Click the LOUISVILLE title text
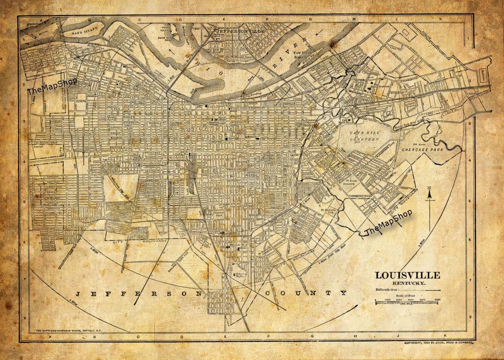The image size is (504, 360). click(x=407, y=275)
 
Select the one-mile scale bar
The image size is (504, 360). click(x=407, y=303)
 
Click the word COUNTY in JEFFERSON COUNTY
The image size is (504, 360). click(x=305, y=293)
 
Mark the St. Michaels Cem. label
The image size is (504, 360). click(x=329, y=211)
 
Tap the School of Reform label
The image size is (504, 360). click(x=241, y=275)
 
